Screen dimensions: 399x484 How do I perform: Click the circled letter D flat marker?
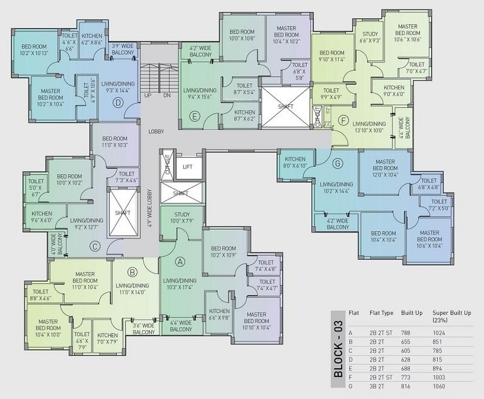click(x=117, y=102)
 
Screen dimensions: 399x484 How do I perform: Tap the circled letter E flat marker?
click(x=193, y=116)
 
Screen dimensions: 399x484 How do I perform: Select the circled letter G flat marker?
click(x=338, y=162)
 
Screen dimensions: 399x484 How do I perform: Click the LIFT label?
click(x=187, y=166)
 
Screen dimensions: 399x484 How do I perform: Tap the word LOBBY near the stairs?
click(x=156, y=132)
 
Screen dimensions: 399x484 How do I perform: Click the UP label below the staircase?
click(x=148, y=95)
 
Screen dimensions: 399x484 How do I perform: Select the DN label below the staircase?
click(x=166, y=95)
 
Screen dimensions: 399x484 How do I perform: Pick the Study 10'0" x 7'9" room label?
click(x=182, y=218)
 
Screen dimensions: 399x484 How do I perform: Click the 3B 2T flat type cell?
click(x=378, y=386)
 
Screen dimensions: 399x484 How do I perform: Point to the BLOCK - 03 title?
click(x=338, y=349)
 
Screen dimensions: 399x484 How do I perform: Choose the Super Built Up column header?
click(x=452, y=316)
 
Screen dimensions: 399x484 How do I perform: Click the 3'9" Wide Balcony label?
click(x=123, y=49)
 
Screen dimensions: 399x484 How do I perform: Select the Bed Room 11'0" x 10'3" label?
click(x=115, y=142)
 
